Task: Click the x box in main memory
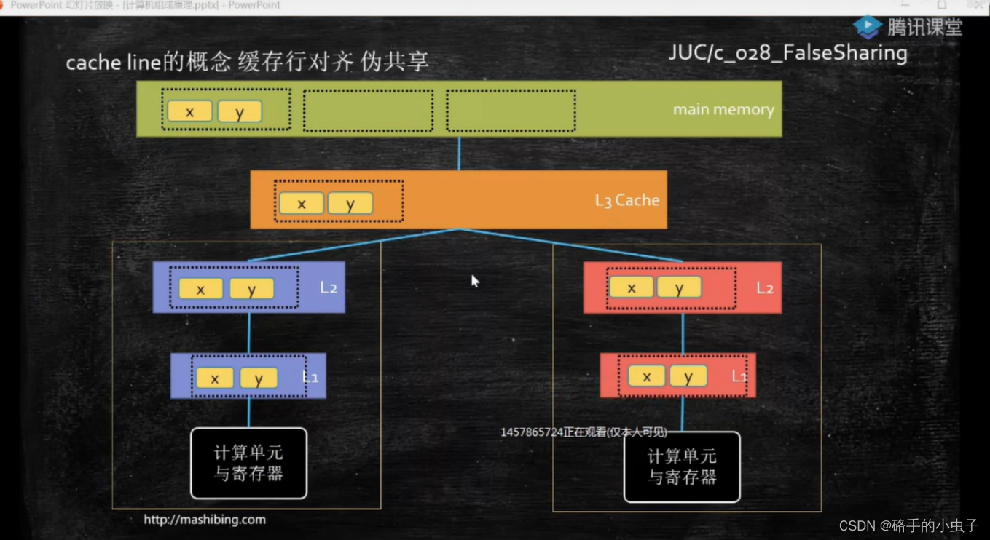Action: [x=189, y=111]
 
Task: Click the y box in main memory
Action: [x=240, y=111]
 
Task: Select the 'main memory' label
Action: [x=723, y=110]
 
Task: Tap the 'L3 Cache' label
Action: [x=626, y=200]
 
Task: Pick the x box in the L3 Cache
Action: [x=301, y=203]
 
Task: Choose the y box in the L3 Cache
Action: [x=350, y=203]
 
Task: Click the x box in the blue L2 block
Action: [x=200, y=289]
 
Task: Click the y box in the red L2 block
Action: [x=679, y=287]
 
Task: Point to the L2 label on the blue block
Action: [x=329, y=287]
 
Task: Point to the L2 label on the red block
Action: [x=764, y=288]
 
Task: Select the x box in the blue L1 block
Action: [x=215, y=378]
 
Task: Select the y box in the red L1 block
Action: [x=688, y=376]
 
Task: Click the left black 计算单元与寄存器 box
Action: [x=248, y=464]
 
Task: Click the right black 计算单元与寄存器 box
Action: [x=682, y=467]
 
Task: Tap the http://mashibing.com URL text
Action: [x=204, y=520]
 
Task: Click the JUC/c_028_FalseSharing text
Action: [x=787, y=54]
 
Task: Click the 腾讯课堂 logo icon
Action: [x=867, y=27]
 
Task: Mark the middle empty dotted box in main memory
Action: [x=368, y=111]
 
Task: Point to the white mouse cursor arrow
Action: [x=475, y=281]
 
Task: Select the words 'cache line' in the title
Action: [x=113, y=63]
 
